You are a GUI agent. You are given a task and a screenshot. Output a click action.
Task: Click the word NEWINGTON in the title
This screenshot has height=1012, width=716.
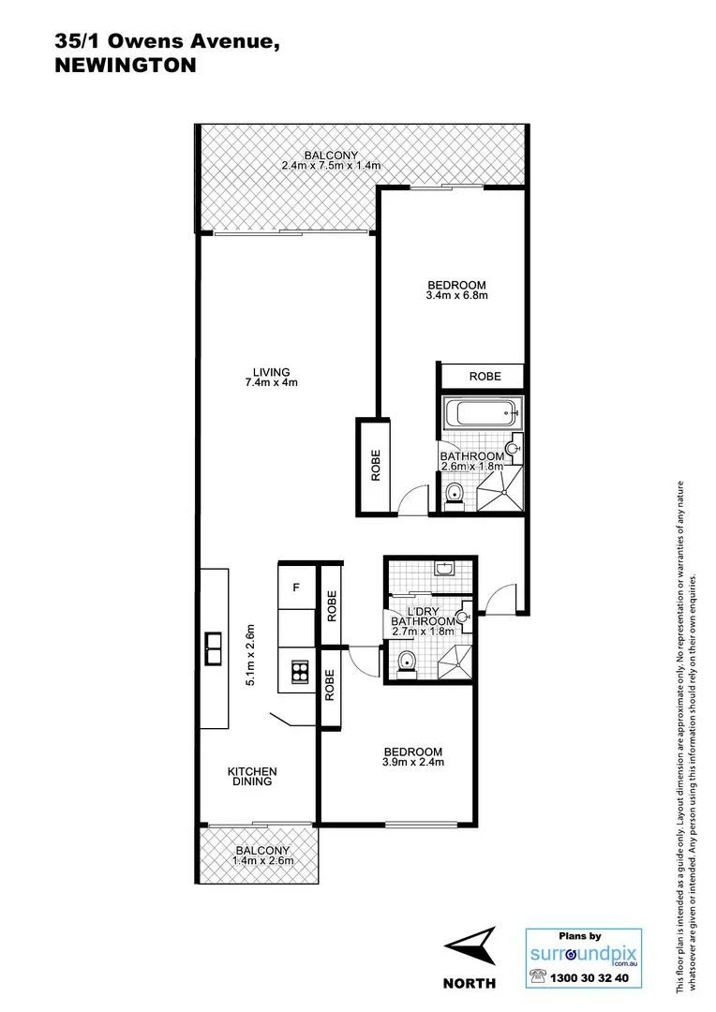click(x=126, y=66)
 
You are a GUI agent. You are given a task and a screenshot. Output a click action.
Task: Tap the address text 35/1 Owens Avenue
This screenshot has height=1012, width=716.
click(x=165, y=41)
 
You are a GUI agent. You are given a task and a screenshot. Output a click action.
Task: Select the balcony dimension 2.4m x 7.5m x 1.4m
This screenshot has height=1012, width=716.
click(x=331, y=166)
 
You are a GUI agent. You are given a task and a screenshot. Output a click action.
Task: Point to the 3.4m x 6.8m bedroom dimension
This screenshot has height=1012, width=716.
click(x=456, y=296)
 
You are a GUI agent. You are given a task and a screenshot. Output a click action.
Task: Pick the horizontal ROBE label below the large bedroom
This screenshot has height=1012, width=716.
click(x=485, y=377)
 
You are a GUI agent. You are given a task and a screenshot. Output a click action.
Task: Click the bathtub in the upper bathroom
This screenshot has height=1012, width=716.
click(x=480, y=411)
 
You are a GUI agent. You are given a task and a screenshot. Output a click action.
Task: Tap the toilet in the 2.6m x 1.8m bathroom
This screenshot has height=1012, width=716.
click(x=454, y=494)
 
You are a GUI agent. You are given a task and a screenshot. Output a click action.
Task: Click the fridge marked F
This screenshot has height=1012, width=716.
click(x=296, y=588)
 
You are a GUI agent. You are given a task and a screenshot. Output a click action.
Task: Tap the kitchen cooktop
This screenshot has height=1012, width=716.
click(x=300, y=671)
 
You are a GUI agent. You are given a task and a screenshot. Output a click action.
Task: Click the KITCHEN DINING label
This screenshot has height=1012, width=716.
click(x=252, y=777)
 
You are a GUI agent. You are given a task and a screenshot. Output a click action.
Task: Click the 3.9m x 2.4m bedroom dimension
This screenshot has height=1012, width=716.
click(x=412, y=762)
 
